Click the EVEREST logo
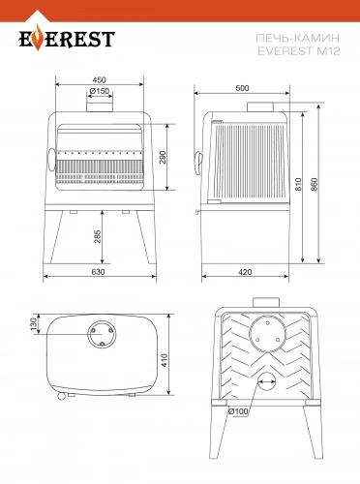click(67, 38)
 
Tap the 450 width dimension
click(99, 79)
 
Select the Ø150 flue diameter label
click(100, 91)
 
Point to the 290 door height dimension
click(163, 157)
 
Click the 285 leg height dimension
click(98, 236)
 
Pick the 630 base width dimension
click(98, 272)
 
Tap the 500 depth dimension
click(242, 88)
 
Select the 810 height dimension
click(298, 184)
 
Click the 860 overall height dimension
click(315, 184)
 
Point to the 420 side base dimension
click(245, 272)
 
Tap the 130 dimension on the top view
click(33, 324)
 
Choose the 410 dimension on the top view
click(165, 360)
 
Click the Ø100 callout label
click(238, 411)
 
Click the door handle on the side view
click(198, 162)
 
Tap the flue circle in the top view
click(102, 334)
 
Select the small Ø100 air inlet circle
click(267, 381)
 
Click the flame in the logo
click(38, 37)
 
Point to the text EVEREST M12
click(299, 51)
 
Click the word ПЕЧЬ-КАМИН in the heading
click(298, 38)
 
